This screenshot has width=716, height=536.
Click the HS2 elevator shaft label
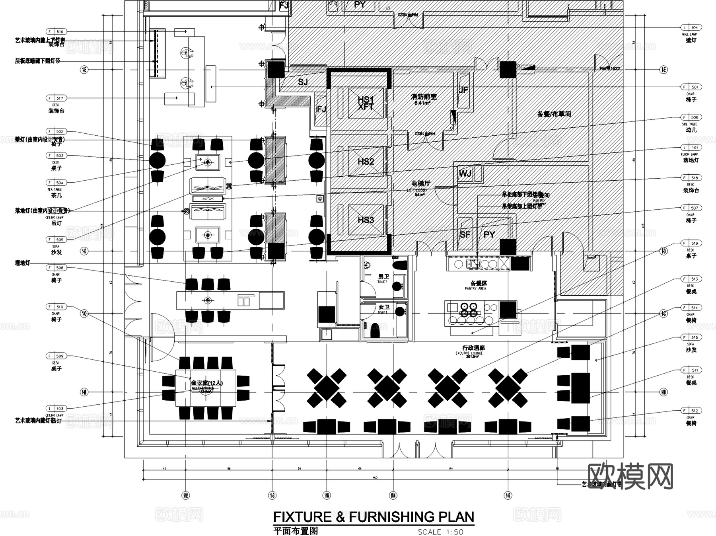(x=366, y=161)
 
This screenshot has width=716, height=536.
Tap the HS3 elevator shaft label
(x=366, y=220)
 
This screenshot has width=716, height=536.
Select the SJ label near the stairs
(x=303, y=82)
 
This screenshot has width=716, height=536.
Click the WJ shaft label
(x=465, y=173)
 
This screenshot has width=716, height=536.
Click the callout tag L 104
(x=691, y=27)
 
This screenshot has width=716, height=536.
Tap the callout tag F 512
(x=691, y=410)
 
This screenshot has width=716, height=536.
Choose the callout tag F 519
(x=691, y=243)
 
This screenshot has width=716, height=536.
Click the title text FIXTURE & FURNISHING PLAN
(x=374, y=517)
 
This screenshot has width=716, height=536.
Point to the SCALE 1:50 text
(x=440, y=532)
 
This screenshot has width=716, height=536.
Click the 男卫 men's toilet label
(x=383, y=276)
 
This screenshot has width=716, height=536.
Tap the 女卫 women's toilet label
(x=383, y=307)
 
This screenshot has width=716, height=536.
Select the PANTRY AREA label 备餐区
(x=479, y=283)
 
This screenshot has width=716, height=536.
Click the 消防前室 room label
(x=424, y=97)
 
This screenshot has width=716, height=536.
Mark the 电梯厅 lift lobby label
(x=420, y=184)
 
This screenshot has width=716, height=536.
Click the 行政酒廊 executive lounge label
(x=473, y=348)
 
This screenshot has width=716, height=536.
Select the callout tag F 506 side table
(x=691, y=117)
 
